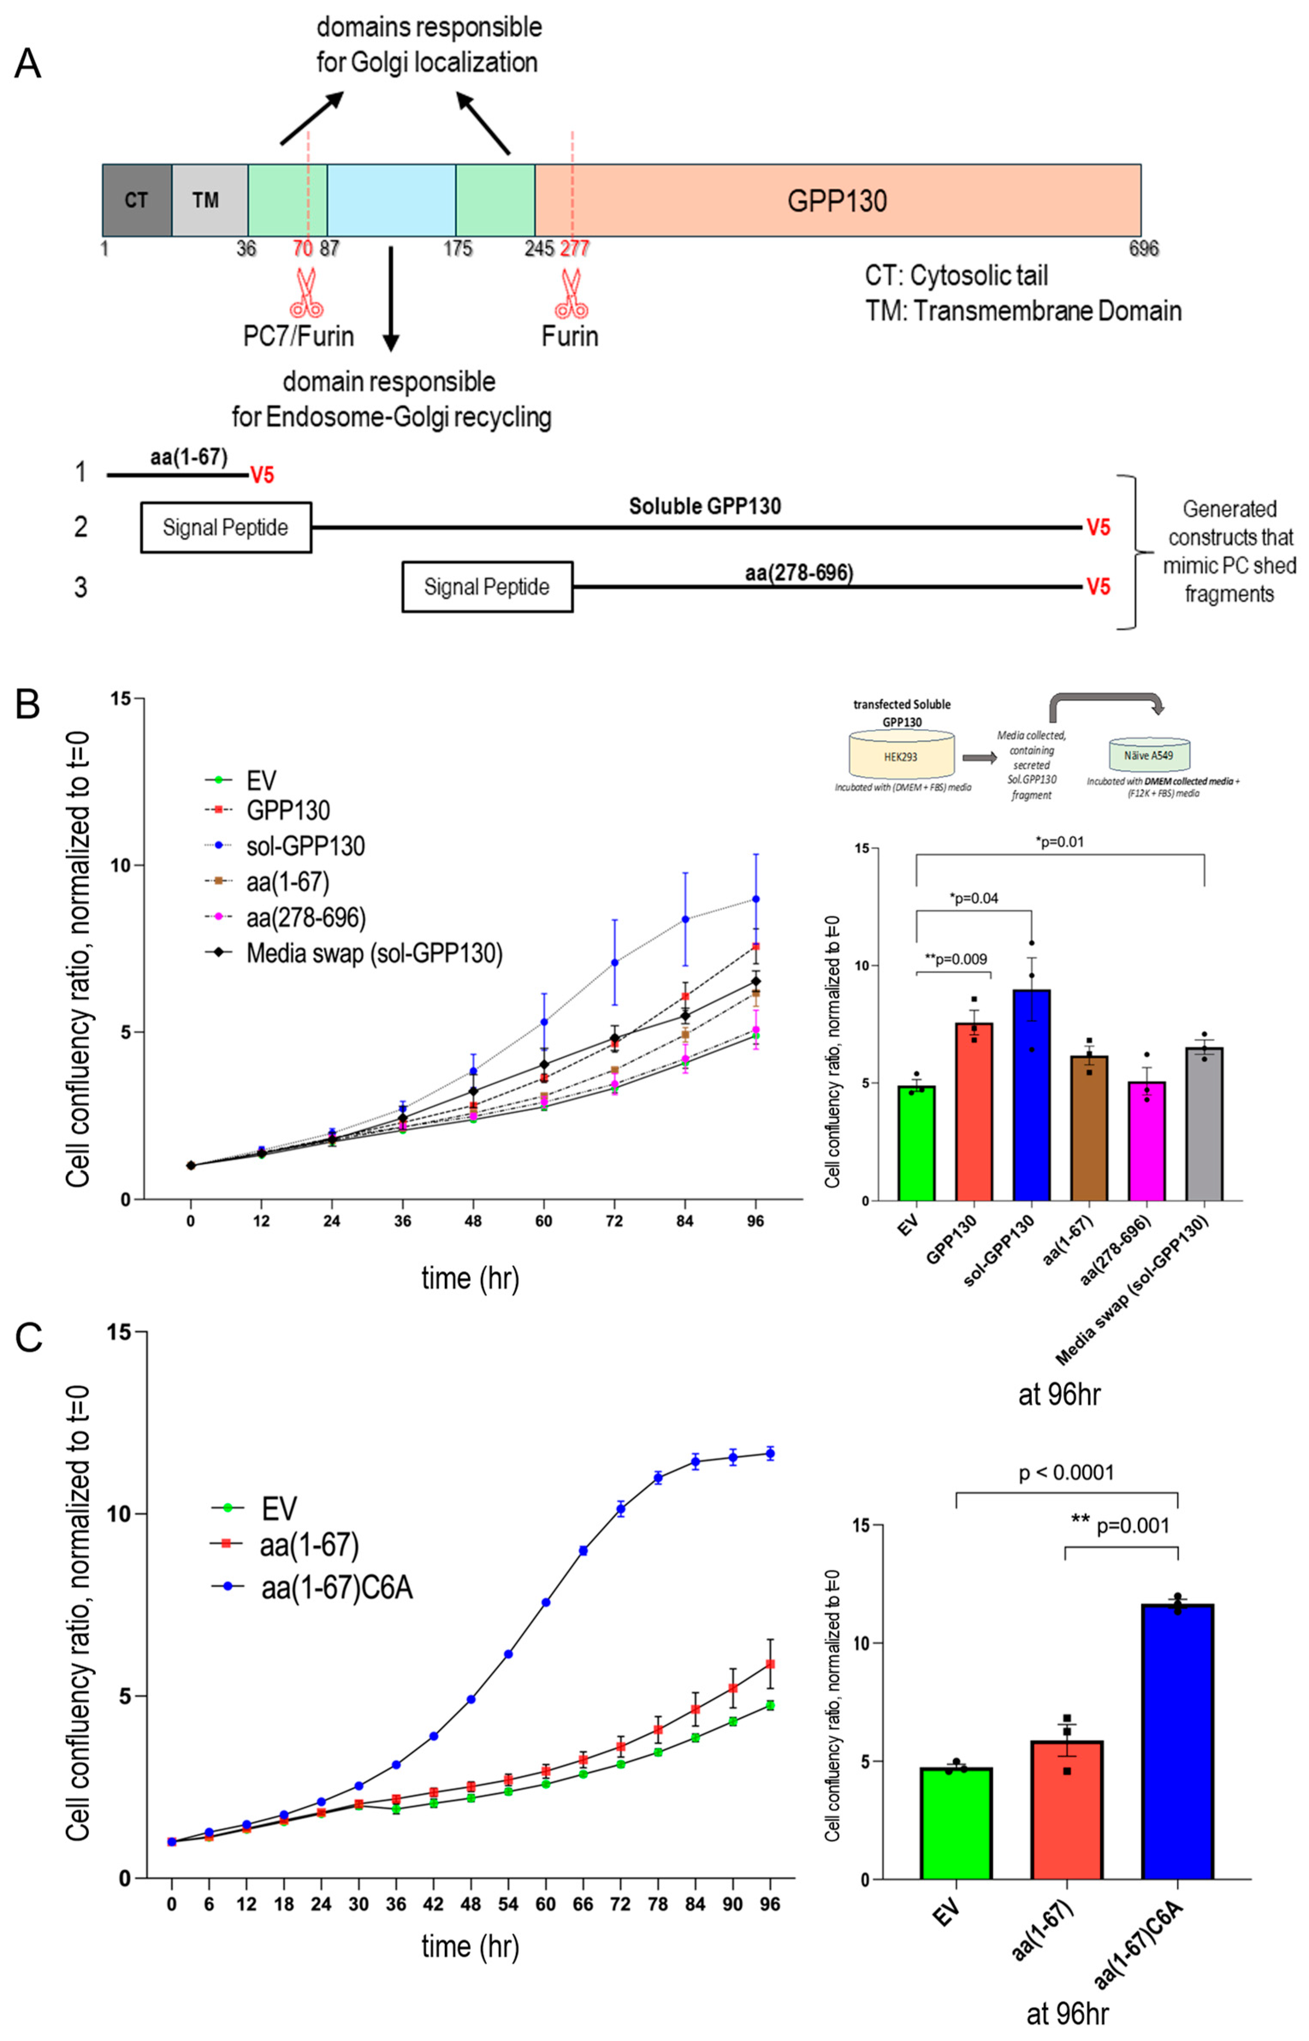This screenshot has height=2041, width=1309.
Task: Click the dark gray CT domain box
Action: point(136,201)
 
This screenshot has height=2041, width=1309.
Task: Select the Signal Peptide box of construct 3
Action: point(487,587)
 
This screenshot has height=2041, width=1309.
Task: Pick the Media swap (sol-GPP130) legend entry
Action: point(374,953)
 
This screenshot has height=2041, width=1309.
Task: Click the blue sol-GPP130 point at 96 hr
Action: point(755,898)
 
